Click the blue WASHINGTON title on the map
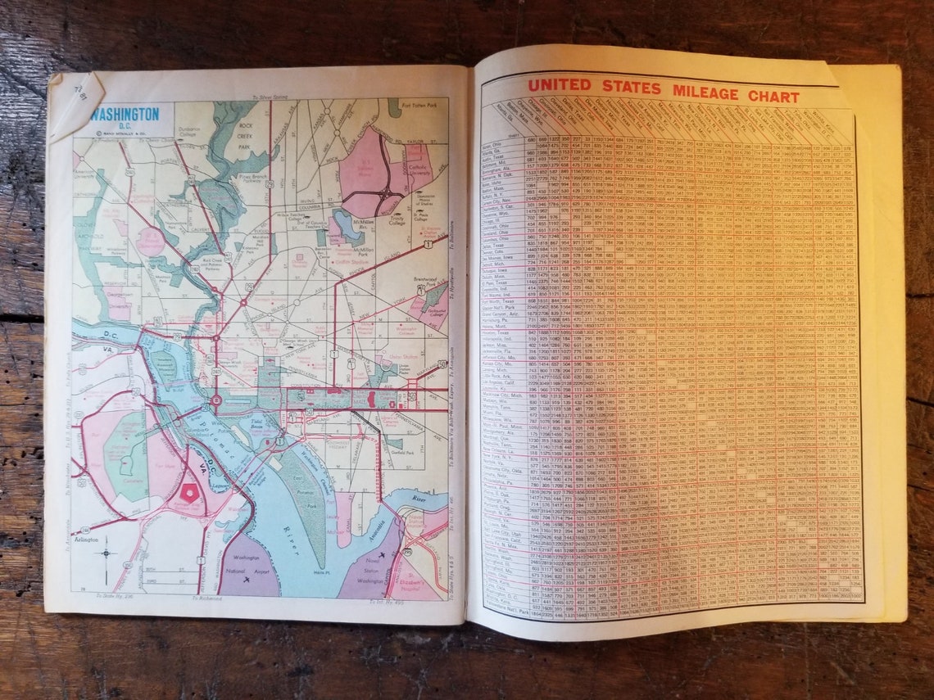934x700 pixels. [x=125, y=115]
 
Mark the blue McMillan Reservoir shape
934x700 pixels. [x=349, y=225]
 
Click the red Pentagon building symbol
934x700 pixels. [x=190, y=493]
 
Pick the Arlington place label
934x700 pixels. [x=87, y=540]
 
